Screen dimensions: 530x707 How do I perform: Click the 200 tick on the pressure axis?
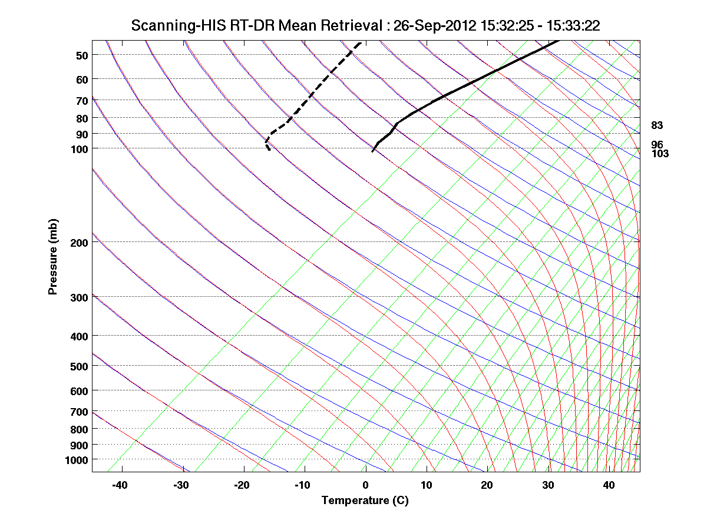point(78,242)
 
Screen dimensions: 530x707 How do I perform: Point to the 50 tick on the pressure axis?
point(82,55)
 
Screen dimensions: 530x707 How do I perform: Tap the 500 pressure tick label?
point(78,366)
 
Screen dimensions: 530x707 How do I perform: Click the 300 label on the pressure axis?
point(78,297)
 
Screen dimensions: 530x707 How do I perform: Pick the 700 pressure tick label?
point(78,412)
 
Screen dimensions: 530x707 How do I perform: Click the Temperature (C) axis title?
point(365,501)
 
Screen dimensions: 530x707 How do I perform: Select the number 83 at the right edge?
point(658,125)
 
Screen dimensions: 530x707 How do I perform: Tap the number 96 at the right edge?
point(658,144)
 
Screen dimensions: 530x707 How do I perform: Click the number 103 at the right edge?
point(660,154)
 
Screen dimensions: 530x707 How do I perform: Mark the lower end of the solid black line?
point(372,151)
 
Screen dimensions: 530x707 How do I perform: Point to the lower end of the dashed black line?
point(270,150)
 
